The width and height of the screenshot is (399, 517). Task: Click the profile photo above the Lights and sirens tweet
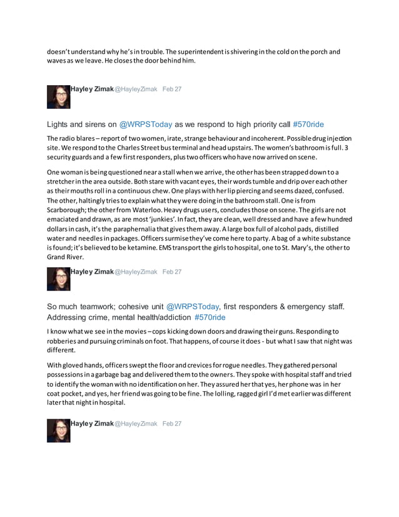tap(59, 96)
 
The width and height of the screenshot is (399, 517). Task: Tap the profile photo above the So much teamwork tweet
tap(59, 279)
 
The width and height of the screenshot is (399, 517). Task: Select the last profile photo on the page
tap(59, 431)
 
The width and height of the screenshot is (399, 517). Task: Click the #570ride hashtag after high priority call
tap(308, 124)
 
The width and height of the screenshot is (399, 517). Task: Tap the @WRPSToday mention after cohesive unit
tap(193, 307)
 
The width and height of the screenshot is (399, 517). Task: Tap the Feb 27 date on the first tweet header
tap(172, 89)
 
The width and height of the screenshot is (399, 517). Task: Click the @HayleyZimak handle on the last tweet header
tap(136, 424)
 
